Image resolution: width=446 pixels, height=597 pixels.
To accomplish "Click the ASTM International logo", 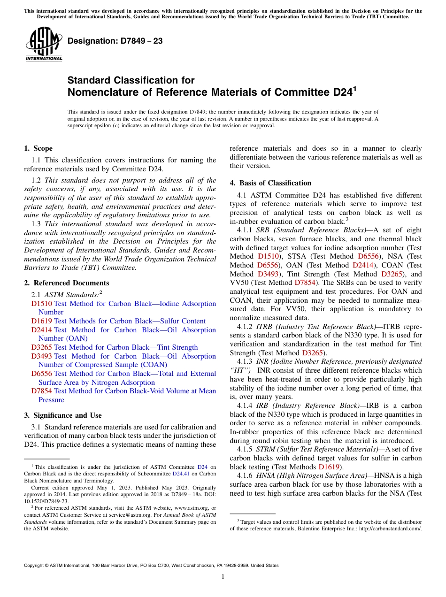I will pyautogui.click(x=44, y=44).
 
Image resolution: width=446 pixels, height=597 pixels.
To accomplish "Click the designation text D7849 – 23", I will pyautogui.click(x=115, y=41).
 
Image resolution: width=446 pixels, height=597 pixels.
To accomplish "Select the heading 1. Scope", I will pyautogui.click(x=38, y=148).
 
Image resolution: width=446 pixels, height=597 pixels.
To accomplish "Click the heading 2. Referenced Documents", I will pyautogui.click(x=66, y=283).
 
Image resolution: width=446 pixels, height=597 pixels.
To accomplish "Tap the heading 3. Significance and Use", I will pyautogui.click(x=62, y=415).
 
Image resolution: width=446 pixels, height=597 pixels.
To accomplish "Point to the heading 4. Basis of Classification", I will pyautogui.click(x=270, y=183).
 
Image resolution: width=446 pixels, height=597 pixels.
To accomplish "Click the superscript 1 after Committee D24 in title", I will pyautogui.click(x=355, y=88).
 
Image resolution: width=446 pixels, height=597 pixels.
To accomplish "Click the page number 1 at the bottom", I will pyautogui.click(x=223, y=577).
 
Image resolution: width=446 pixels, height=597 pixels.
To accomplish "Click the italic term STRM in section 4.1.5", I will pyautogui.click(x=266, y=449).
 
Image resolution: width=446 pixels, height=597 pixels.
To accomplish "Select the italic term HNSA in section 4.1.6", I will pyautogui.click(x=266, y=475).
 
